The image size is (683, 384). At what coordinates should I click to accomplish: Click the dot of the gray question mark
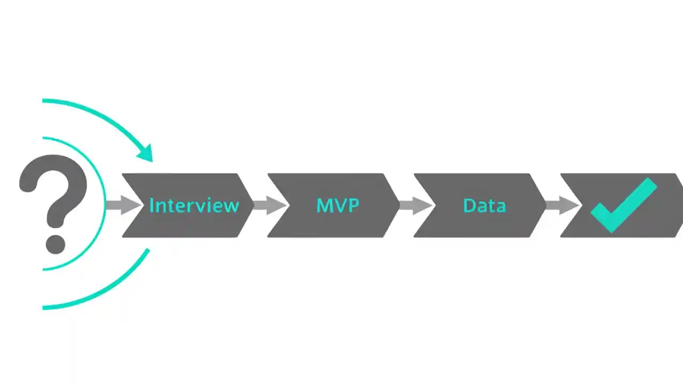[55, 244]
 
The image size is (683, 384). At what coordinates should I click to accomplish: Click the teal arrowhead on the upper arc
[146, 153]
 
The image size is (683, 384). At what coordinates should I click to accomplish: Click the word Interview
[194, 205]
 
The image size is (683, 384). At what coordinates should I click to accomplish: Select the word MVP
[337, 205]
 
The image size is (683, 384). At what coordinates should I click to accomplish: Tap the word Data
[484, 205]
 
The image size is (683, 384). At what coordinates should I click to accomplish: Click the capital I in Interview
[152, 205]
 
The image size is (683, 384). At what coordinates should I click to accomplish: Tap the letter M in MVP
[324, 205]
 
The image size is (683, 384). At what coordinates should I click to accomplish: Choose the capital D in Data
[468, 205]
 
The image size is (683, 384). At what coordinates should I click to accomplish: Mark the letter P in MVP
[353, 205]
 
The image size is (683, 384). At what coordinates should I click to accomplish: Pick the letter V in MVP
[339, 205]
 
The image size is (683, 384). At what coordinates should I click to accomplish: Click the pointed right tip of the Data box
[545, 205]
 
